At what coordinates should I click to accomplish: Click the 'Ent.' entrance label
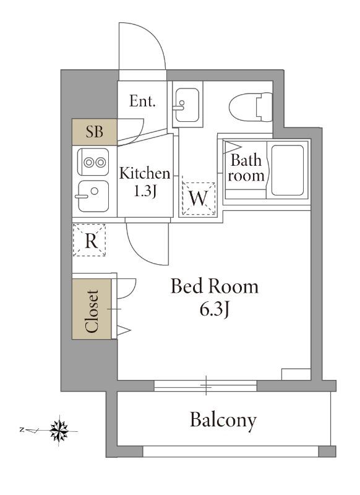pyautogui.click(x=142, y=101)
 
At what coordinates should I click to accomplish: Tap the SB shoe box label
pyautogui.click(x=95, y=131)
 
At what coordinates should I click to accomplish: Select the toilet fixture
pyautogui.click(x=251, y=106)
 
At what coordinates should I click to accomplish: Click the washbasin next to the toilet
pyautogui.click(x=187, y=105)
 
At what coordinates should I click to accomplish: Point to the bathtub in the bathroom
pyautogui.click(x=288, y=170)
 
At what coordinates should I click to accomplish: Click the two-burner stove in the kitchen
pyautogui.click(x=93, y=162)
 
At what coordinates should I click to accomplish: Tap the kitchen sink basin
pyautogui.click(x=93, y=196)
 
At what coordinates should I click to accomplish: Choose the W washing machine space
pyautogui.click(x=199, y=199)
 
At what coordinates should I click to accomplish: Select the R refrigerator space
pyautogui.click(x=89, y=240)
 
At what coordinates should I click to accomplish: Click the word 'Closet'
pyautogui.click(x=92, y=311)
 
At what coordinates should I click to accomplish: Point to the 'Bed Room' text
pyautogui.click(x=215, y=286)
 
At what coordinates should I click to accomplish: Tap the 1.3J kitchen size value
pyautogui.click(x=145, y=191)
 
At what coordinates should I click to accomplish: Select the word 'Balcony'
pyautogui.click(x=223, y=421)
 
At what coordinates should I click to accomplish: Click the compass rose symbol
pyautogui.click(x=59, y=431)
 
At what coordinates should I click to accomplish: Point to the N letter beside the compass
pyautogui.click(x=22, y=429)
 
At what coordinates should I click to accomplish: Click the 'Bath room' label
pyautogui.click(x=246, y=168)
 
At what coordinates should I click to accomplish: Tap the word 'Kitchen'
pyautogui.click(x=145, y=173)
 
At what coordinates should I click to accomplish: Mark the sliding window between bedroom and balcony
pyautogui.click(x=205, y=385)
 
